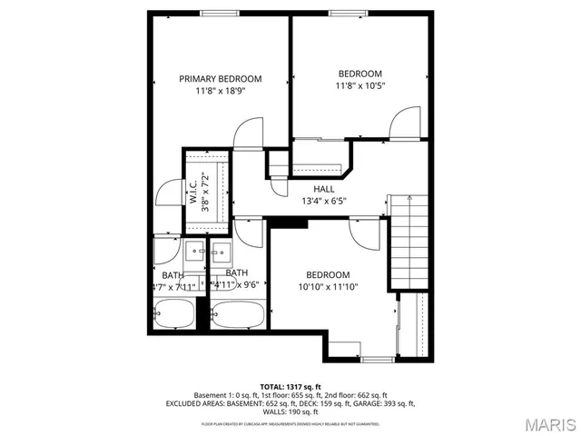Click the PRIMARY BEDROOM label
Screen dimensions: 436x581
(220, 79)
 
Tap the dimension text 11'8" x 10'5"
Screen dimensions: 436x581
(360, 87)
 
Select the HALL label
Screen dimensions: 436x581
(324, 189)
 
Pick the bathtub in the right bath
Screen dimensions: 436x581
(237, 315)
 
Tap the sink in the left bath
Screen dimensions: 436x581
(195, 250)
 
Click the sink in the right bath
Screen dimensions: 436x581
(221, 250)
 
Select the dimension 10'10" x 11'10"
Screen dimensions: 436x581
(327, 287)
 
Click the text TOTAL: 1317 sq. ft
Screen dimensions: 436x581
(290, 386)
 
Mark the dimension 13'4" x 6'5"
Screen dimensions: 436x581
(324, 201)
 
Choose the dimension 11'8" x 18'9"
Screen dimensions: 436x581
(220, 91)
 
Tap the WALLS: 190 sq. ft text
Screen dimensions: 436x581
(290, 411)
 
